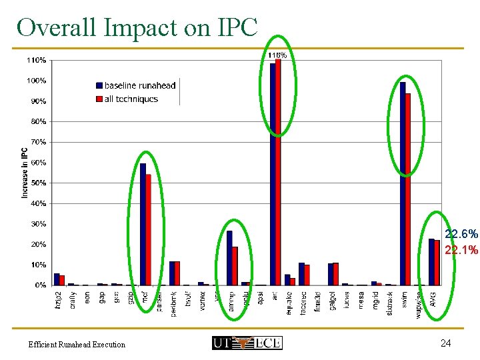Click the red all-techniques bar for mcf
coord(149,230)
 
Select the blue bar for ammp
coord(229,258)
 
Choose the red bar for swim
coord(408,189)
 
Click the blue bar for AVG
coord(431,262)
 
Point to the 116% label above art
coord(277,55)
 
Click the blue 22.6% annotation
coord(461,235)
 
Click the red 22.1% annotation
coord(461,250)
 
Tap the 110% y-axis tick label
coord(36,60)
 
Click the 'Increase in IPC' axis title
coord(25,172)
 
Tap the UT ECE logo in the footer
coord(247,343)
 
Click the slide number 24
coord(446,343)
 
